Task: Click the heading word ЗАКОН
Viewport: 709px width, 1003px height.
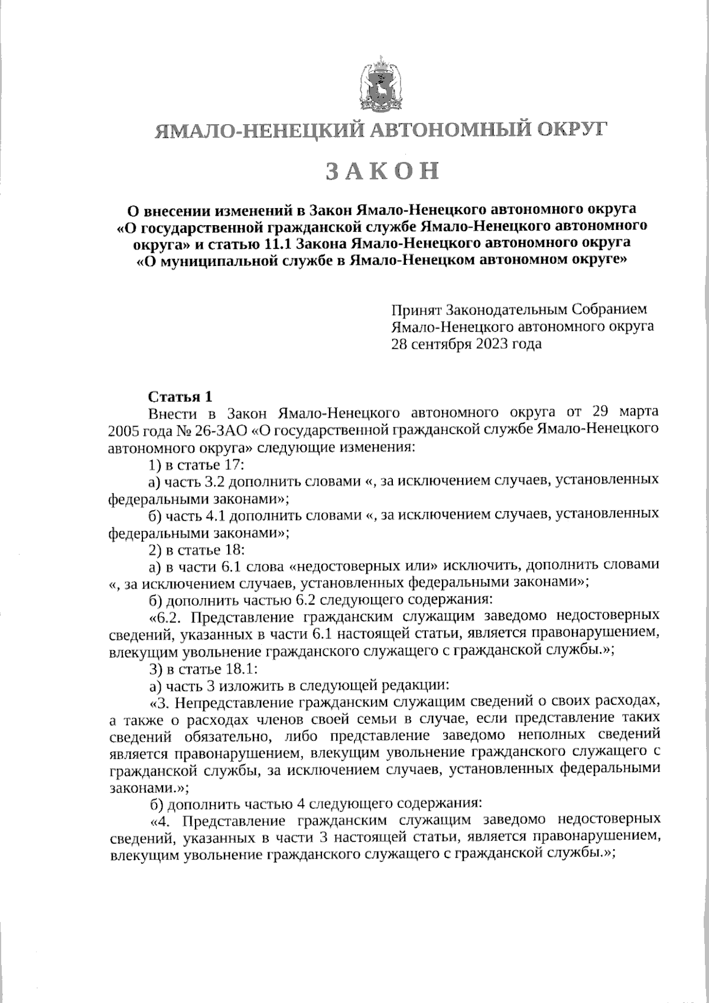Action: pos(383,171)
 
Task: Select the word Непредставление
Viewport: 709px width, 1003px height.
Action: pos(235,703)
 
